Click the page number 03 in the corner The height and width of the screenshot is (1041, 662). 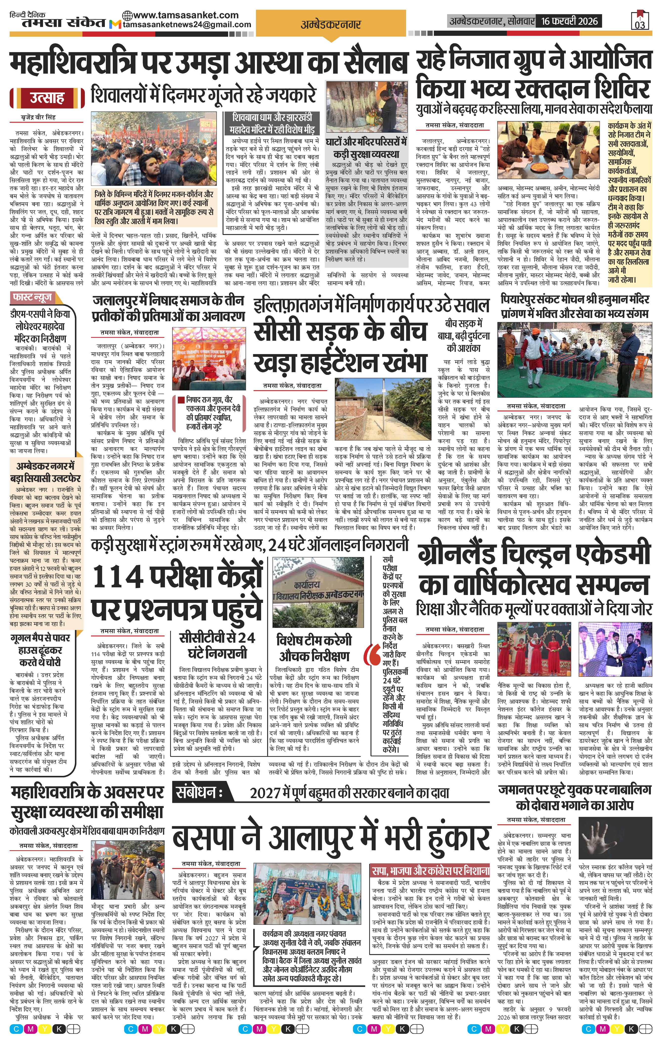tap(640, 24)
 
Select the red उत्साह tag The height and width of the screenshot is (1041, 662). tap(47, 98)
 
